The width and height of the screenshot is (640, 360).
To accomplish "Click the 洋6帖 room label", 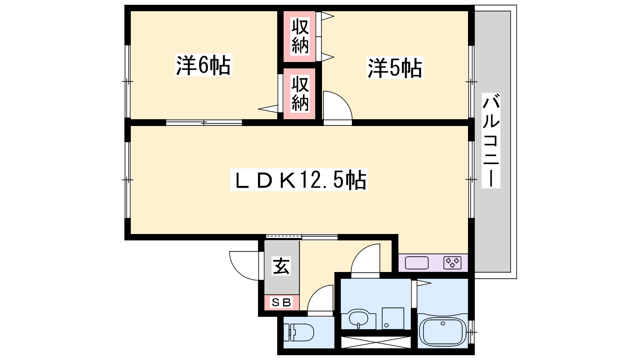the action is click(x=204, y=65).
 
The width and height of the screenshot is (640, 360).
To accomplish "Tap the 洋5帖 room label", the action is click(x=395, y=68).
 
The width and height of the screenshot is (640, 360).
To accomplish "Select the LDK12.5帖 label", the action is click(x=299, y=180).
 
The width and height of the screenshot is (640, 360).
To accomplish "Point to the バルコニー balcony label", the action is click(x=491, y=140).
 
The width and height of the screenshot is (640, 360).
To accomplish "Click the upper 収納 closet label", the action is click(x=300, y=36).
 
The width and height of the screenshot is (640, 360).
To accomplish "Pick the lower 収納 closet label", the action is click(x=300, y=93).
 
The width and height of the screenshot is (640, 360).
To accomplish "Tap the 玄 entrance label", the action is click(x=282, y=266).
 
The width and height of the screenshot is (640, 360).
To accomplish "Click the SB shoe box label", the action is click(x=282, y=302).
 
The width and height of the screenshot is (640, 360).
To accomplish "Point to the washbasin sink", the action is click(x=358, y=318).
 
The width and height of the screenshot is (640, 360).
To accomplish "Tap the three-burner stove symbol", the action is click(x=452, y=263).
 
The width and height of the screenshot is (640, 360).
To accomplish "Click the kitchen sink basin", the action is click(x=416, y=263).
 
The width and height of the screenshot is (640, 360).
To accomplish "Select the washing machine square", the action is click(x=393, y=318).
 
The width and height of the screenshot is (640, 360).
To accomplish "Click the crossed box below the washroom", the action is click(x=376, y=342).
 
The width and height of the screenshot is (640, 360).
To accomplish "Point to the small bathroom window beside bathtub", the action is click(x=472, y=332).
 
